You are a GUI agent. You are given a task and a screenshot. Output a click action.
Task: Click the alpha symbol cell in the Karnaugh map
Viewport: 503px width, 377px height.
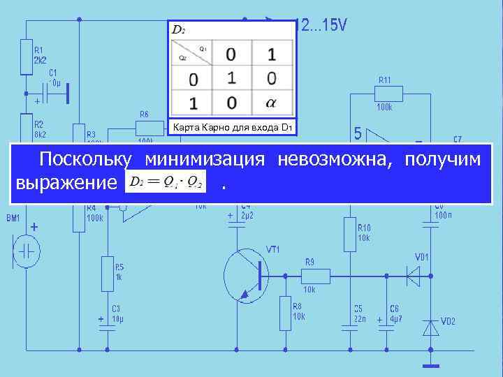pos(271,103)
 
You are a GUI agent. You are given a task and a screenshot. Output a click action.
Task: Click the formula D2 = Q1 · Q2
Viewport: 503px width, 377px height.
pos(166,182)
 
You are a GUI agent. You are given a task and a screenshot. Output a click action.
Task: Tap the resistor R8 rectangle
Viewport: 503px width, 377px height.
pos(285,313)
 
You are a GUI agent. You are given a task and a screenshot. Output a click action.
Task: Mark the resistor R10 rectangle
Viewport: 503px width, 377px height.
pos(349,234)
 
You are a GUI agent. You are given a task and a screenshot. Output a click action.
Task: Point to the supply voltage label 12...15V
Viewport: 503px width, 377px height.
pos(321,27)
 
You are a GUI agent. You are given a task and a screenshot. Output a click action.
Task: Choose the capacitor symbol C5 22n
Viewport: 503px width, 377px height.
pos(349,326)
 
